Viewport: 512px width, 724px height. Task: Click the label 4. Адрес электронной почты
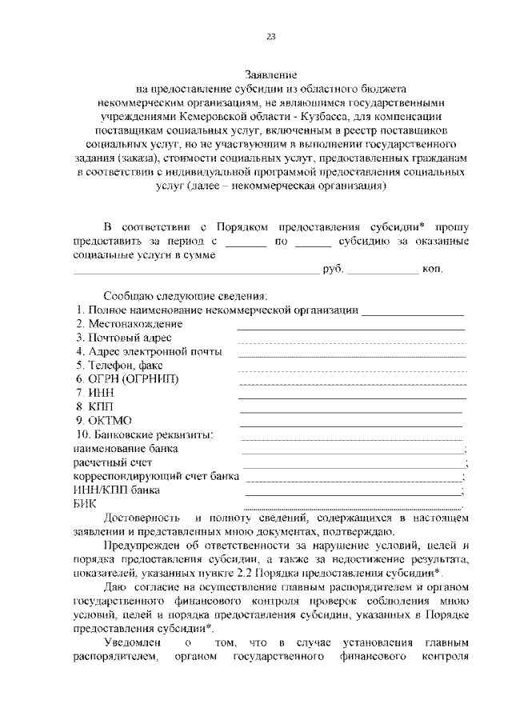[149, 351]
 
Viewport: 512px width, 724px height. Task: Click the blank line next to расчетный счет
[353, 465]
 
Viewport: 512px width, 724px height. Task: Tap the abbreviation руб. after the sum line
[333, 270]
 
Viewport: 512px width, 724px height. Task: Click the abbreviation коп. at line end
[432, 270]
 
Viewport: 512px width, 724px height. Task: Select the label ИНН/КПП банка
[116, 490]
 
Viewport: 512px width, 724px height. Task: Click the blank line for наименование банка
[353, 451]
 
